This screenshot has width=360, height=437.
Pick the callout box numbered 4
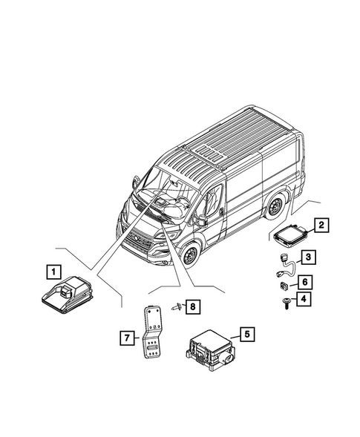pos(305,298)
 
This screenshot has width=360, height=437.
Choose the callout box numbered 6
pos(305,281)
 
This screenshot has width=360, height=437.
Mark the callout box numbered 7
pos(127,338)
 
